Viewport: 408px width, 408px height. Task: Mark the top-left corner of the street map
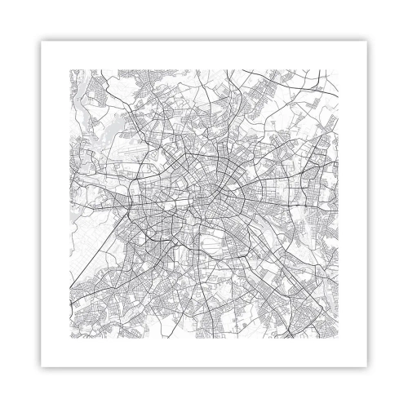pos(70,69)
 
